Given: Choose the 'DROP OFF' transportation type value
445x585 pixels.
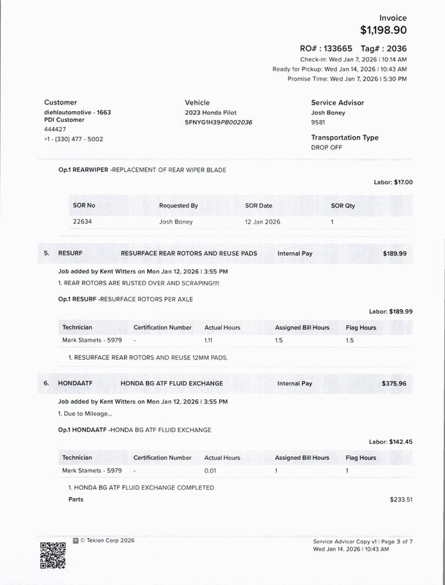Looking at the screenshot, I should [x=327, y=148].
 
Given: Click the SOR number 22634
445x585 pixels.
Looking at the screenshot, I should [x=84, y=220].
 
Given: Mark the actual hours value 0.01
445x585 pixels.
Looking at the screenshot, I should [x=212, y=471].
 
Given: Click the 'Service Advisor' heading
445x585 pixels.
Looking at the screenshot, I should [x=337, y=103].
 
